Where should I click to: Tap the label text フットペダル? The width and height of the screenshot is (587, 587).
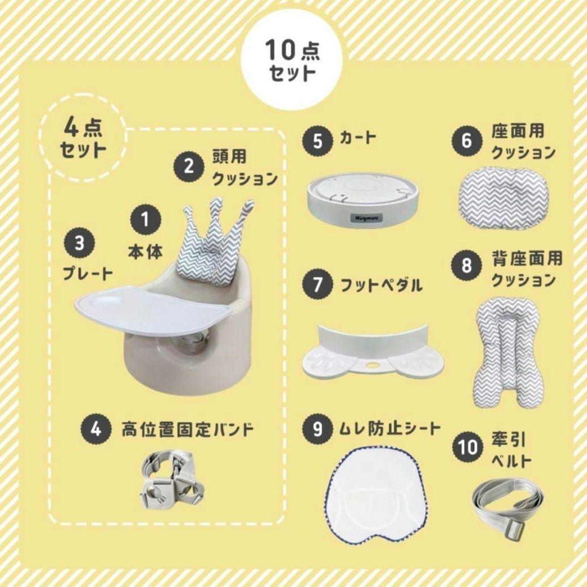pyautogui.click(x=381, y=284)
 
